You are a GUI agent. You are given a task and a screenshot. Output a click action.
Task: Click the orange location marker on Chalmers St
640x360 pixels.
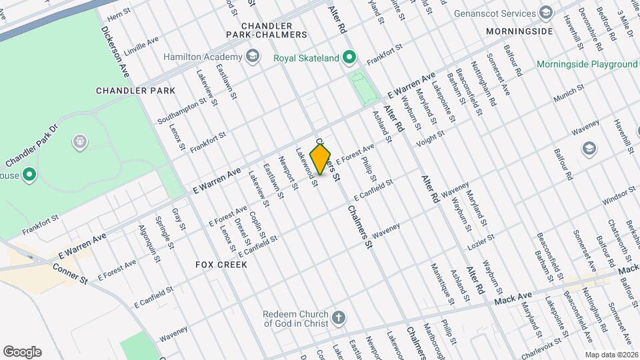(x=321, y=159)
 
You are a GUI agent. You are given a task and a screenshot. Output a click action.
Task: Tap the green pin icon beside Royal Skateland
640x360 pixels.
(x=349, y=58)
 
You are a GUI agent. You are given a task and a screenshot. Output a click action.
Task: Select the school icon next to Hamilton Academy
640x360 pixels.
(x=252, y=57)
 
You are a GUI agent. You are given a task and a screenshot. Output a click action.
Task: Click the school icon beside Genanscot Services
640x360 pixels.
(x=545, y=13)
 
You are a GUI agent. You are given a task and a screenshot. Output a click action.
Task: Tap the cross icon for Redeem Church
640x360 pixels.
(x=339, y=317)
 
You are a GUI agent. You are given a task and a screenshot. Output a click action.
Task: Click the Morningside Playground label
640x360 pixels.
(x=587, y=65)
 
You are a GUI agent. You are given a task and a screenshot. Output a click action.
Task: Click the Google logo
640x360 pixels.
(x=22, y=351)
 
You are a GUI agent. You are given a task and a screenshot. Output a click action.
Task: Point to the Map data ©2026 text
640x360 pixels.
(x=611, y=355)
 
